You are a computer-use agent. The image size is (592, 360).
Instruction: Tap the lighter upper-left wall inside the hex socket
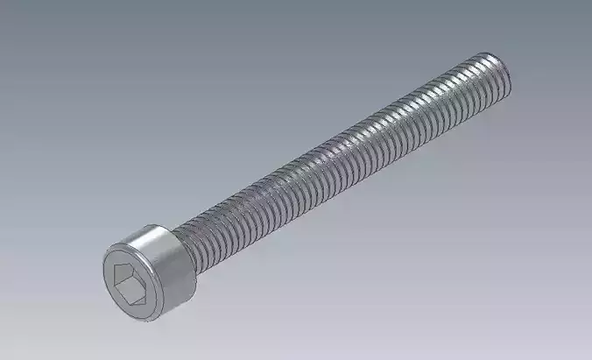(x=123, y=274)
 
